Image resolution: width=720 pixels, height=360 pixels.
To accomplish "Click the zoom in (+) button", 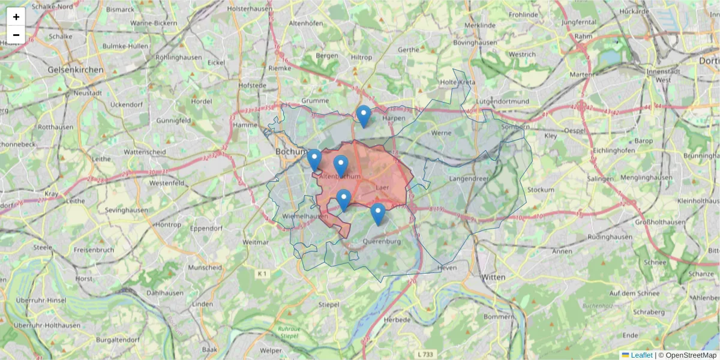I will [x=16, y=17].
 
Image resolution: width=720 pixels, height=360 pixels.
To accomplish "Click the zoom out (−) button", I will [x=16, y=35].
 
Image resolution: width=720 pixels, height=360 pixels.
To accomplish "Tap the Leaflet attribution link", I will [x=641, y=355].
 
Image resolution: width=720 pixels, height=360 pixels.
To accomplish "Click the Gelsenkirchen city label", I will [x=76, y=70].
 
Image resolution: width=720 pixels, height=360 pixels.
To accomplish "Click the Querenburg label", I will [x=382, y=242].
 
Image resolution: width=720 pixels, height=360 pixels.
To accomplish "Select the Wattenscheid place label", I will [x=145, y=152].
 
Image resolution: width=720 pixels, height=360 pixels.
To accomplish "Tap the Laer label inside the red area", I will [x=382, y=187].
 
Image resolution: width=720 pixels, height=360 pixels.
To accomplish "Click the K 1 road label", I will [x=262, y=274].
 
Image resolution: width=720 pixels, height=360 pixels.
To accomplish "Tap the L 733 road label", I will [x=425, y=355].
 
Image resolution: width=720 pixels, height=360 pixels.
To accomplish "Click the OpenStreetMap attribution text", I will [x=691, y=355].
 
